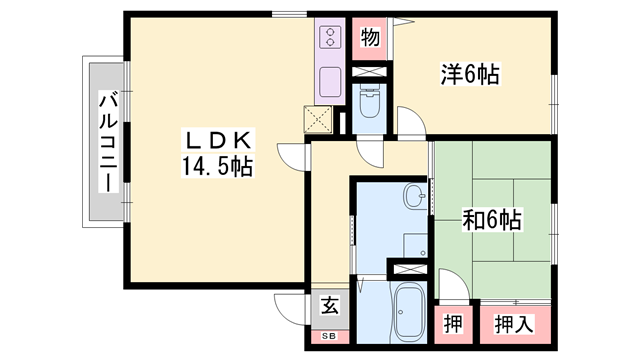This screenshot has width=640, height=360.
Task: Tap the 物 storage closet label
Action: point(369,39)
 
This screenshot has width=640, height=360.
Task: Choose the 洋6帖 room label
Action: point(470,73)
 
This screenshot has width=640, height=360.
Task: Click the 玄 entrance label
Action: point(330,307)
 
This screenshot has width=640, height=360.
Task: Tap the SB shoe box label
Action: point(329,335)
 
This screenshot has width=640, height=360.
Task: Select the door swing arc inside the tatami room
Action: point(452,285)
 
